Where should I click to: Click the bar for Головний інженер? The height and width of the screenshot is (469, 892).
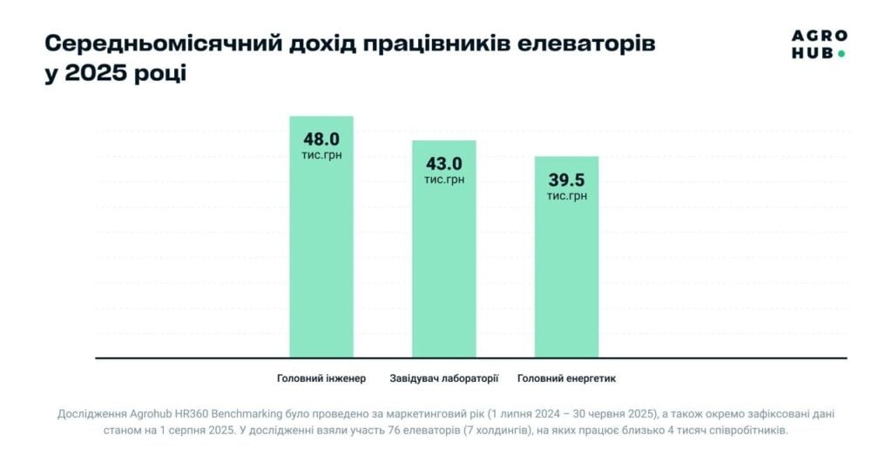[x=321, y=262]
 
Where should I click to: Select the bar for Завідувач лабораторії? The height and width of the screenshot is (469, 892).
[x=444, y=270]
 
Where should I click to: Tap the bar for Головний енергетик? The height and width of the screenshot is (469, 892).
[x=566, y=279]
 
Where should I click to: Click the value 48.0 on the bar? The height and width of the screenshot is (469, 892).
[x=321, y=139]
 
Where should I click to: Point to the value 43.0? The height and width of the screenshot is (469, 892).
[x=444, y=163]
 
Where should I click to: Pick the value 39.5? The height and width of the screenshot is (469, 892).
[x=566, y=180]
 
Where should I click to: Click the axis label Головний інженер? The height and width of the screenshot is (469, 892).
[x=321, y=378]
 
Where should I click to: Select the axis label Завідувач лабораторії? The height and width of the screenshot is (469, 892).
[x=444, y=378]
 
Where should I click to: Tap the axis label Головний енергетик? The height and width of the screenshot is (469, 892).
[x=566, y=378]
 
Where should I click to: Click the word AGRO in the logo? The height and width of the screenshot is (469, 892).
[x=819, y=37]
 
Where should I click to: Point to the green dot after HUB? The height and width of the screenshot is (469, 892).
[x=841, y=54]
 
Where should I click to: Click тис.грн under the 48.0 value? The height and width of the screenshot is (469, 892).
[x=321, y=155]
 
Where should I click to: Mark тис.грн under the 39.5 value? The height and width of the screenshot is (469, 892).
[x=566, y=196]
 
